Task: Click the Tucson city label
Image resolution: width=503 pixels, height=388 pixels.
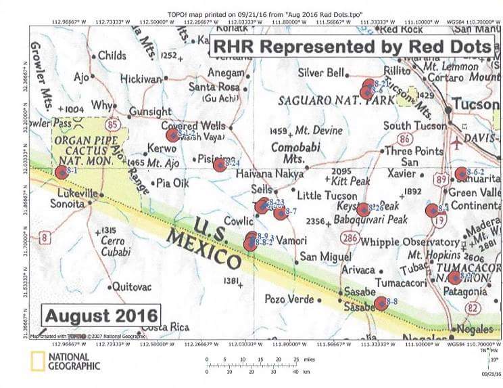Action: tap(475, 104)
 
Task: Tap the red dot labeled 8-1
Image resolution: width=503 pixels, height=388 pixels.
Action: tap(62, 173)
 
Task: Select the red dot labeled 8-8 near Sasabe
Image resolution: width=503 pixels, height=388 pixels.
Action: tap(381, 303)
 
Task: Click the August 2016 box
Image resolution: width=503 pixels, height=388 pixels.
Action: tap(102, 316)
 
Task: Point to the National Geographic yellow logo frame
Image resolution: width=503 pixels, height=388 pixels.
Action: tap(37, 362)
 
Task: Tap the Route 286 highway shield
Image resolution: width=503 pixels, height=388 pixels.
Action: tap(350, 238)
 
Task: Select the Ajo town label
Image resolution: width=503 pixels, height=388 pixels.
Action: tap(81, 77)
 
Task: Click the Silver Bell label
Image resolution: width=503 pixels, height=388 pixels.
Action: tap(321, 72)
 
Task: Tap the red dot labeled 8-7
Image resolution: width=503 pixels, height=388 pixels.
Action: tap(280, 213)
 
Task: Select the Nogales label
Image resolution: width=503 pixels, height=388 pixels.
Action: tap(476, 329)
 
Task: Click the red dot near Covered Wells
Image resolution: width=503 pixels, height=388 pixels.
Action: tap(172, 134)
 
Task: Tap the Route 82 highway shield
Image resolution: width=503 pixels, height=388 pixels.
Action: tap(472, 309)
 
